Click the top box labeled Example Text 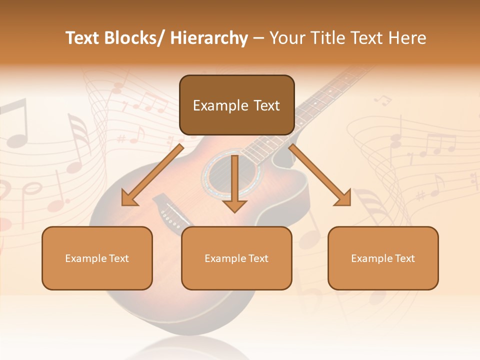[236, 105]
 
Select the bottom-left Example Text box [97, 258]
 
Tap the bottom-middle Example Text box [236, 258]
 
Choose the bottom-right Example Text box [383, 258]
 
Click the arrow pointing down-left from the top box [152, 175]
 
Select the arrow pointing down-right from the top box [320, 175]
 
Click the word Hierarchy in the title [209, 38]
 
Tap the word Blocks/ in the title [134, 38]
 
